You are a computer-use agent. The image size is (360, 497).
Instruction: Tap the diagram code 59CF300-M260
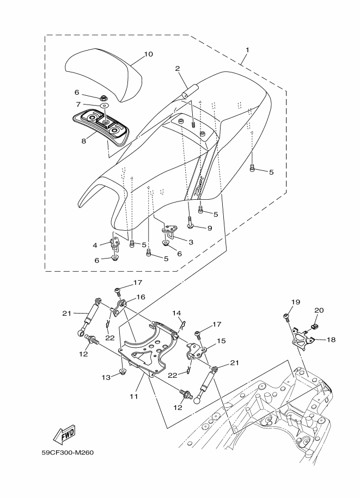(68, 452)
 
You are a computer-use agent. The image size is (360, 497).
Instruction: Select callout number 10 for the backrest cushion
(148, 54)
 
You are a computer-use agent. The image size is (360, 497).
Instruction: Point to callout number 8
(84, 141)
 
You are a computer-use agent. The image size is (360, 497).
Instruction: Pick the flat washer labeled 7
(104, 105)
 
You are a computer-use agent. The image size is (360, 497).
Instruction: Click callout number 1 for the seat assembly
(247, 50)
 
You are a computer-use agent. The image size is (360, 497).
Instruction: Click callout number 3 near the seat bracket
(191, 242)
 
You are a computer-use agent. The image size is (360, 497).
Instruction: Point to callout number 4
(95, 245)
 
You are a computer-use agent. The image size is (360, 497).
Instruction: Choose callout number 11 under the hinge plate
(134, 396)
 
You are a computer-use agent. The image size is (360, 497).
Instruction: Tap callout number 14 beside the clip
(176, 314)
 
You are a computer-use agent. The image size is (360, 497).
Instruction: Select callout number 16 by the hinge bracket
(141, 297)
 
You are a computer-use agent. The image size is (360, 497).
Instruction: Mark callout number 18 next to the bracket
(331, 340)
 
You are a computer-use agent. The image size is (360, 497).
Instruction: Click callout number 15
(222, 341)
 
